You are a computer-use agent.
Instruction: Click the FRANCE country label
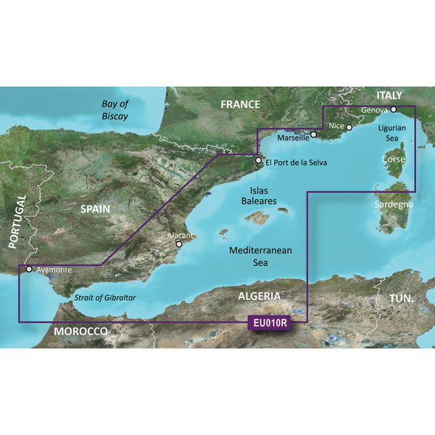click(x=240, y=104)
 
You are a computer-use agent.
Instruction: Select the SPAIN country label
click(x=95, y=209)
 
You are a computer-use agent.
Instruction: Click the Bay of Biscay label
click(x=114, y=110)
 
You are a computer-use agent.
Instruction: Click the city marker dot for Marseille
click(x=313, y=134)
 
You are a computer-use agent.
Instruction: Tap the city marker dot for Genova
click(x=393, y=110)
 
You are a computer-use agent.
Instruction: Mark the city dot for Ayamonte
click(x=29, y=269)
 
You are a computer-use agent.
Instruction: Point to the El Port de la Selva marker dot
click(x=257, y=161)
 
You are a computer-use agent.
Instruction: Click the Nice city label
click(x=336, y=126)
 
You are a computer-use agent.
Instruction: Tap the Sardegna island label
click(x=394, y=204)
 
